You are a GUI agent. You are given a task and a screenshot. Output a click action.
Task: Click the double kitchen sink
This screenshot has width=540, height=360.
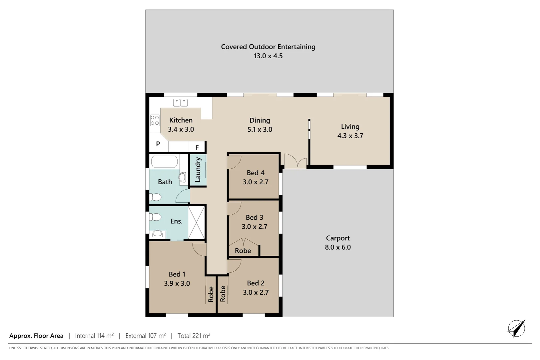[x=180, y=102]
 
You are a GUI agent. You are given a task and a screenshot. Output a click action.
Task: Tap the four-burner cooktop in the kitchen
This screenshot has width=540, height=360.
[x=155, y=120]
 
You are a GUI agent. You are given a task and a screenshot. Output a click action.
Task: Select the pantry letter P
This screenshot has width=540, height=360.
[x=158, y=144]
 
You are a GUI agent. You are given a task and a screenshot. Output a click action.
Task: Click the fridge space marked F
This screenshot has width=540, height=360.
[x=197, y=148]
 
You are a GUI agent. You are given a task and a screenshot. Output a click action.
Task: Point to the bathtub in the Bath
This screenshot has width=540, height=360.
[x=164, y=162]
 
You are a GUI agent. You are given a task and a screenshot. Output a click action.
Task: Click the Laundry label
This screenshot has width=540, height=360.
[x=198, y=170]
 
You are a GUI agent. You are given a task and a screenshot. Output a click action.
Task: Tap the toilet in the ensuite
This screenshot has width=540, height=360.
[x=155, y=217]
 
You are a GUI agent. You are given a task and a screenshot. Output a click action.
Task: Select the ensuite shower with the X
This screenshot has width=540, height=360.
[x=196, y=222]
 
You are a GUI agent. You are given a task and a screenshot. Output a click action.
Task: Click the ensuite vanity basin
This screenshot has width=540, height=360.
[x=158, y=234]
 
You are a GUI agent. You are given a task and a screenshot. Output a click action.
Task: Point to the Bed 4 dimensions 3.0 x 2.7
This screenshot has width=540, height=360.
[x=255, y=182]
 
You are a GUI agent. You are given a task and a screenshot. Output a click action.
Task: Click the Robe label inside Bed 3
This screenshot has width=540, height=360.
[x=243, y=251]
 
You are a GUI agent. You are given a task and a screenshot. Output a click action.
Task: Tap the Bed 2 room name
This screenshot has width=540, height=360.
[x=256, y=283]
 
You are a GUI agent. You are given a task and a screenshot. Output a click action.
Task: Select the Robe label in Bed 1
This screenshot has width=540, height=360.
[x=211, y=294]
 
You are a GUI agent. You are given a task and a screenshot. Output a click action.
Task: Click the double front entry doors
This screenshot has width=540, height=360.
[x=295, y=162]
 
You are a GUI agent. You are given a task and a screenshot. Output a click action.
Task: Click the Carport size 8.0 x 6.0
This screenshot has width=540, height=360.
[x=338, y=247]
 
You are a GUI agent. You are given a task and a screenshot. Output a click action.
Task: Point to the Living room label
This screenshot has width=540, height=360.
[x=350, y=127]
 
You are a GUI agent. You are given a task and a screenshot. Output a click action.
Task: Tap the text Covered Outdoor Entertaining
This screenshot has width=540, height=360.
[x=268, y=47]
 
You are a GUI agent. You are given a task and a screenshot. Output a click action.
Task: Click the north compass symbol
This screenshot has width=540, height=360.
[x=516, y=328]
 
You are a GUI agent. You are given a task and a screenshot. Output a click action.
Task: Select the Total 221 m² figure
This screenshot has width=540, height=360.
[x=194, y=336]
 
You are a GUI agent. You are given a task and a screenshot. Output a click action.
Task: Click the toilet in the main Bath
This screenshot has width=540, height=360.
[x=155, y=197]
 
